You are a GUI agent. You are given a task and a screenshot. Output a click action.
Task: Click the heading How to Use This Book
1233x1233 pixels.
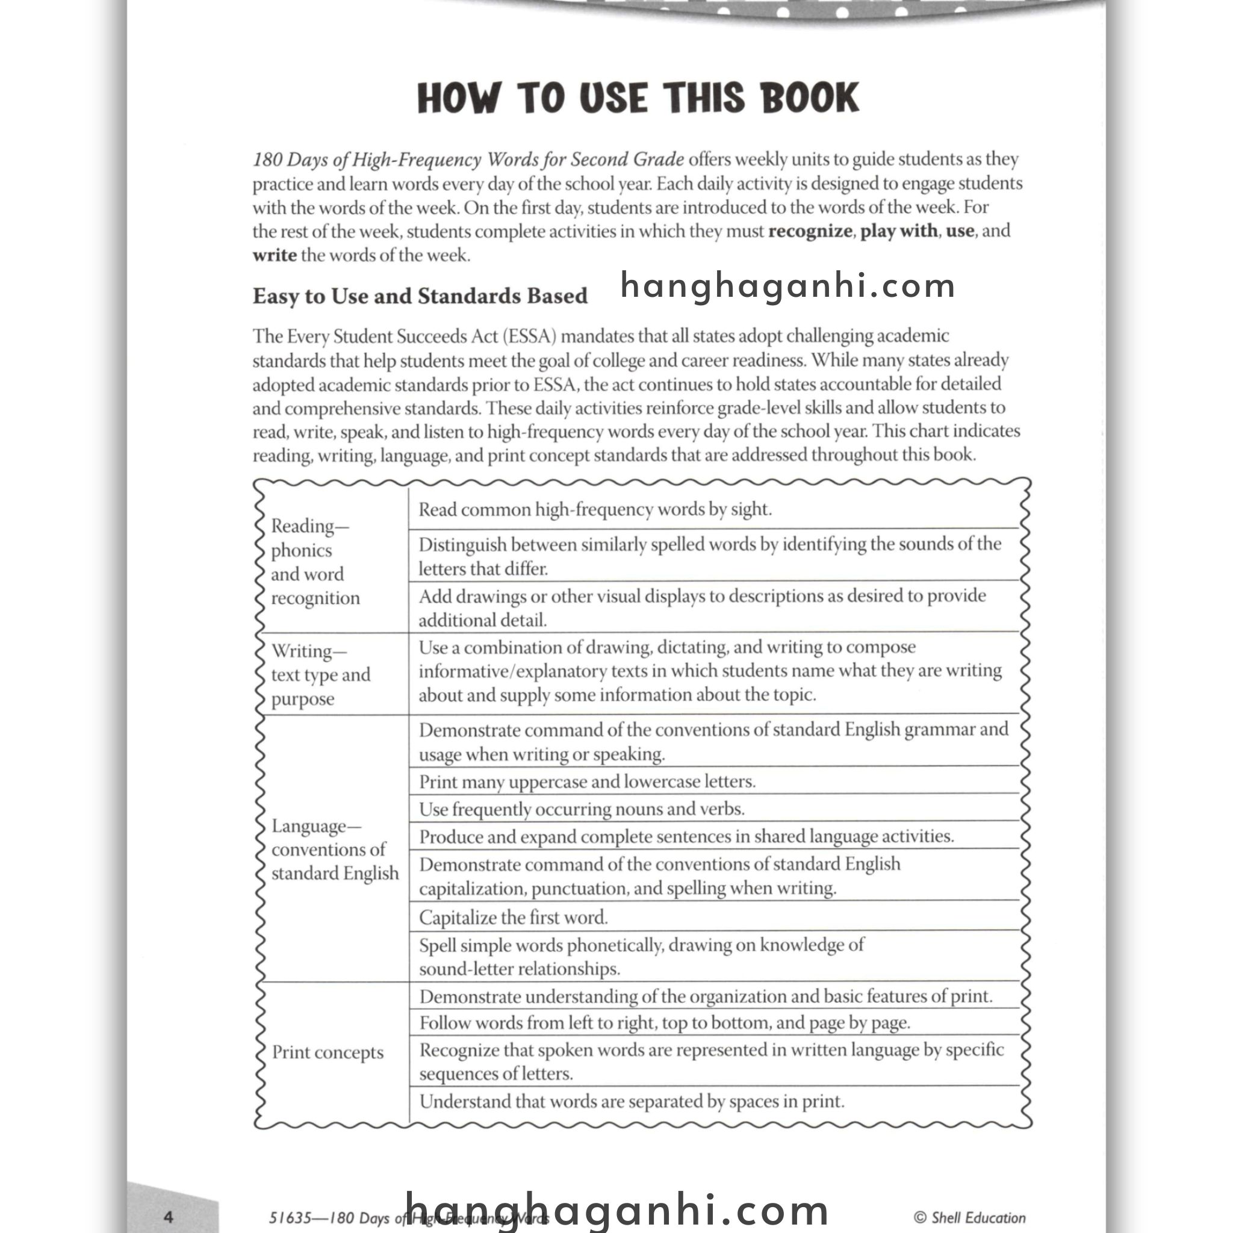tap(638, 98)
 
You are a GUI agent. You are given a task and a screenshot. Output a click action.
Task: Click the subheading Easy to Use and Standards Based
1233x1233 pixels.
tap(420, 296)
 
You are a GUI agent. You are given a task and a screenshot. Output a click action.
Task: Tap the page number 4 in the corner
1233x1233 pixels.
tap(169, 1216)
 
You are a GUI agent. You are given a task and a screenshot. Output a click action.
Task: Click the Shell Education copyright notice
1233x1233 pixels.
tap(969, 1217)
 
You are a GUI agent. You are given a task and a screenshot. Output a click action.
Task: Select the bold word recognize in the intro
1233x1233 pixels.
tap(810, 231)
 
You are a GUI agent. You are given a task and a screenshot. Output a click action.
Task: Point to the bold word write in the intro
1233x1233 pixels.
tap(275, 255)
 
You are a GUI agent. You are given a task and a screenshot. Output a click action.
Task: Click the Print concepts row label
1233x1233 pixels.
tap(328, 1052)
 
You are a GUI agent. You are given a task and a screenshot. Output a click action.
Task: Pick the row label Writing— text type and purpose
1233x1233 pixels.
tap(320, 674)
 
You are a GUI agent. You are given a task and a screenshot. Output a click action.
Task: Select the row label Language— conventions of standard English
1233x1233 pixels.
tap(334, 849)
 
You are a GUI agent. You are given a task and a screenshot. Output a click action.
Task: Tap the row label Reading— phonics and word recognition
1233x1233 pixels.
tap(315, 562)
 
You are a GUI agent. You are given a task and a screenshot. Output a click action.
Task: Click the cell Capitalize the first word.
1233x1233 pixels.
tap(513, 917)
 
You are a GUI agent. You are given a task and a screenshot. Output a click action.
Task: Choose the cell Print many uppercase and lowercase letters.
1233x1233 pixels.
tap(587, 781)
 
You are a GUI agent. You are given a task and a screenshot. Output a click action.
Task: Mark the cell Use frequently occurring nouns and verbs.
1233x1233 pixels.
tap(582, 809)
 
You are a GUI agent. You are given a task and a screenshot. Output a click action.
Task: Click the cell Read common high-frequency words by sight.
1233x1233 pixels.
tap(595, 509)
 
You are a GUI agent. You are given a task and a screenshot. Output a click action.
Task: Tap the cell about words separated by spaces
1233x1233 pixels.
tap(632, 1102)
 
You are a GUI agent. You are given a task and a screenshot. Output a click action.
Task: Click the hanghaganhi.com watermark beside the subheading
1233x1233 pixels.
tap(787, 286)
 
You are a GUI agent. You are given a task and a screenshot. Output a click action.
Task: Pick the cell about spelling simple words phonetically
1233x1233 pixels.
tap(641, 957)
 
